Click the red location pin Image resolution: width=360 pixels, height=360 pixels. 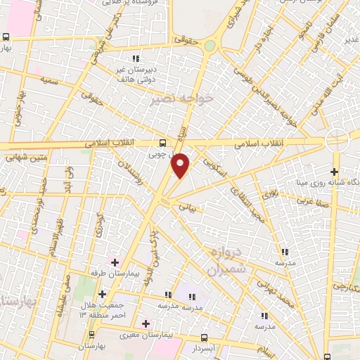tap(181, 165)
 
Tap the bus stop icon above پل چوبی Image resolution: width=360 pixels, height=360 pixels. tap(163, 140)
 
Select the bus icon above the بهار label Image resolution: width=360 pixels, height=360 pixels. tap(6, 37)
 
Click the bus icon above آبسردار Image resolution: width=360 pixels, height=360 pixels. tap(204, 338)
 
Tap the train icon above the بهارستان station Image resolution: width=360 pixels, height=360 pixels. tap(92, 335)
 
